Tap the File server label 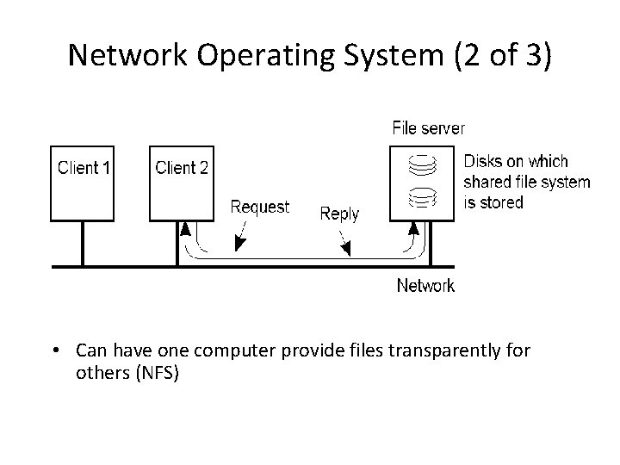(428, 128)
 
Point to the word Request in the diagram (259, 208)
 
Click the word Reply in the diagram (339, 214)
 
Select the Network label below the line (425, 285)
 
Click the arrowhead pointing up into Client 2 (185, 229)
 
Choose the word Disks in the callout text (482, 162)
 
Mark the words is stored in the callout (493, 203)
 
